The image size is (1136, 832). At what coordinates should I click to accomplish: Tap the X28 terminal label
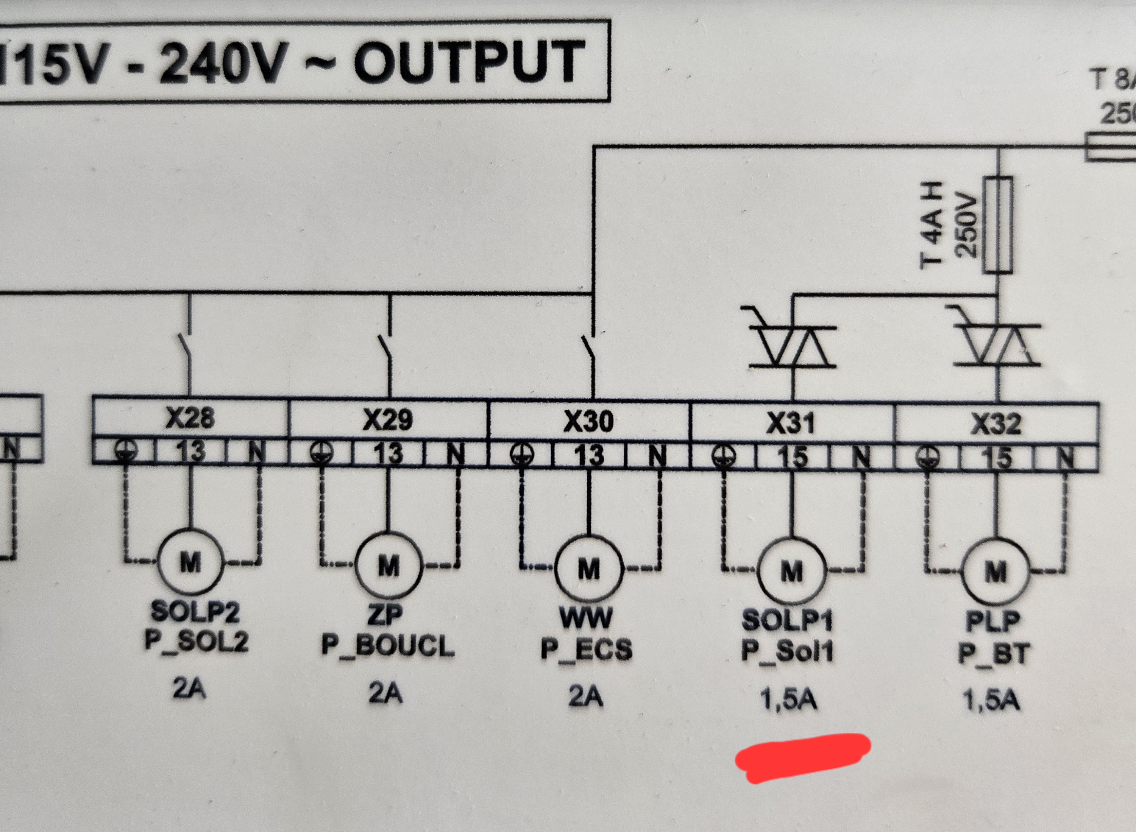[x=190, y=418]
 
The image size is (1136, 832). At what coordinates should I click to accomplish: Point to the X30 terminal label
[x=588, y=421]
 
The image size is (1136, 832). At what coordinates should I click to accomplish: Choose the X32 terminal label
[x=996, y=424]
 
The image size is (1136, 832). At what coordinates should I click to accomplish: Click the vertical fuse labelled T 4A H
[x=998, y=225]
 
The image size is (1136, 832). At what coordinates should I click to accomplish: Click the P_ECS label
[x=587, y=649]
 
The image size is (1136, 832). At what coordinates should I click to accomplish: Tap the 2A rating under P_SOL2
[x=189, y=689]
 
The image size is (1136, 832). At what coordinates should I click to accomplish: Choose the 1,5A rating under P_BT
[x=991, y=700]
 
